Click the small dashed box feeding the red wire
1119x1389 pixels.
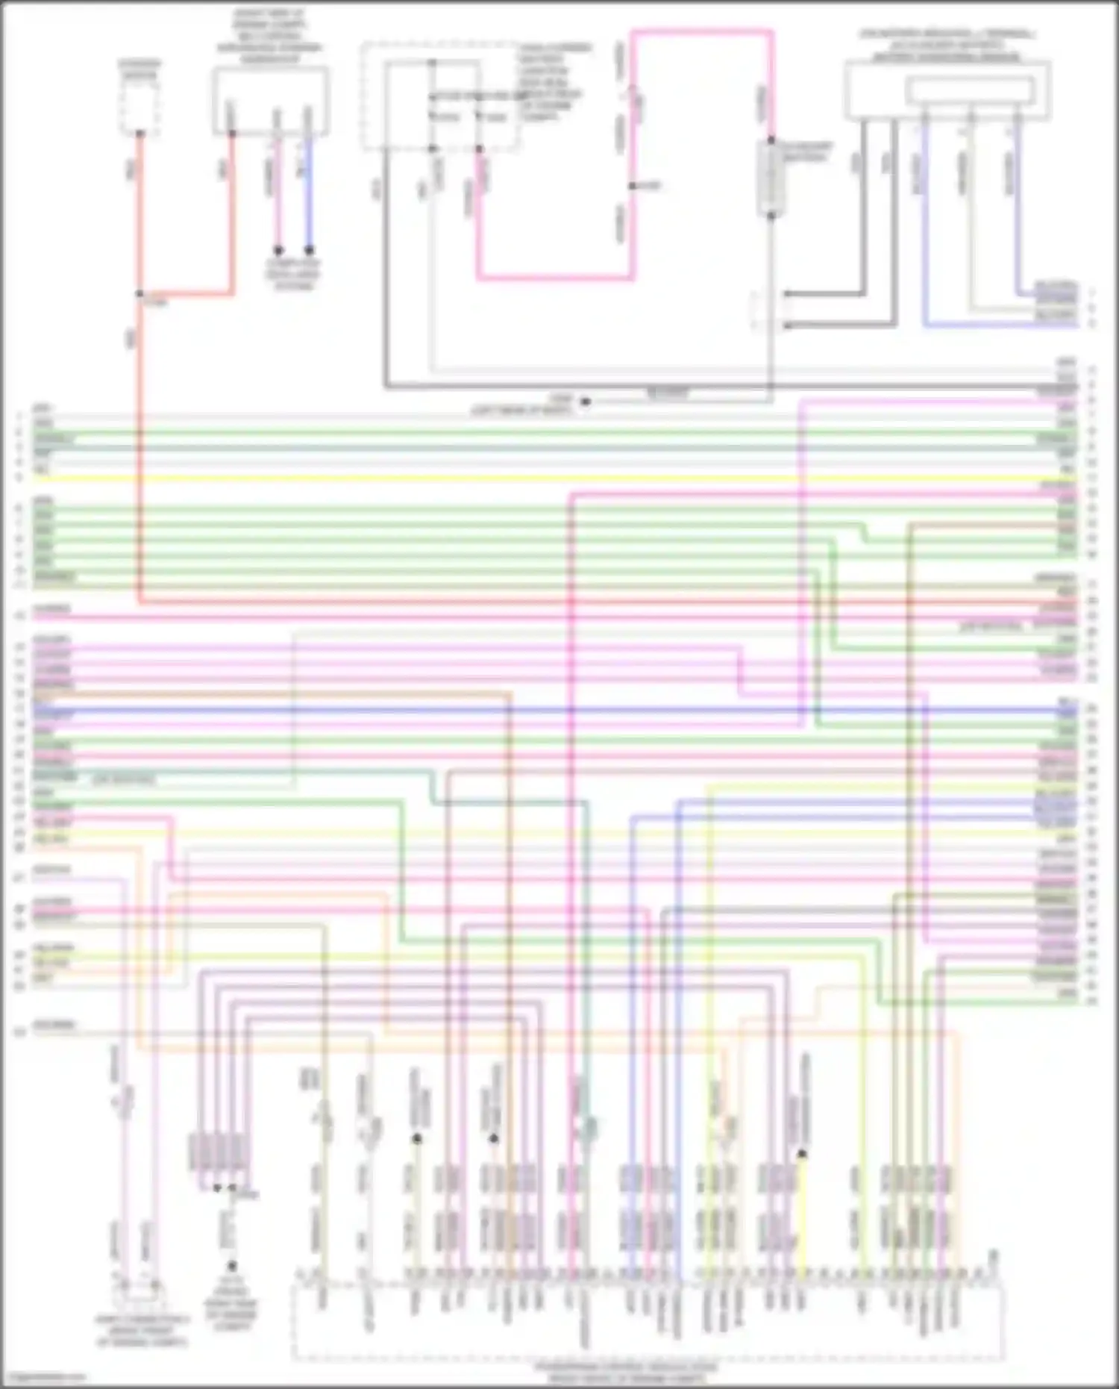(140, 108)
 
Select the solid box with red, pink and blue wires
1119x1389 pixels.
(270, 100)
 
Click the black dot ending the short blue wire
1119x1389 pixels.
(309, 251)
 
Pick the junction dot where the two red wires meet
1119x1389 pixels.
(140, 294)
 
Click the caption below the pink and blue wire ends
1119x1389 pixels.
(293, 275)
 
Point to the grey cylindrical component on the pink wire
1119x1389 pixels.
(771, 178)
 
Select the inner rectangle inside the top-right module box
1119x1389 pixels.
(970, 91)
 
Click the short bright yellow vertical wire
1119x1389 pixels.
(803, 1209)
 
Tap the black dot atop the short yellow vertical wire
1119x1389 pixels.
(803, 1154)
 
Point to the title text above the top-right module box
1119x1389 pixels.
(947, 45)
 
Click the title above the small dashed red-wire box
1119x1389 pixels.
(140, 69)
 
